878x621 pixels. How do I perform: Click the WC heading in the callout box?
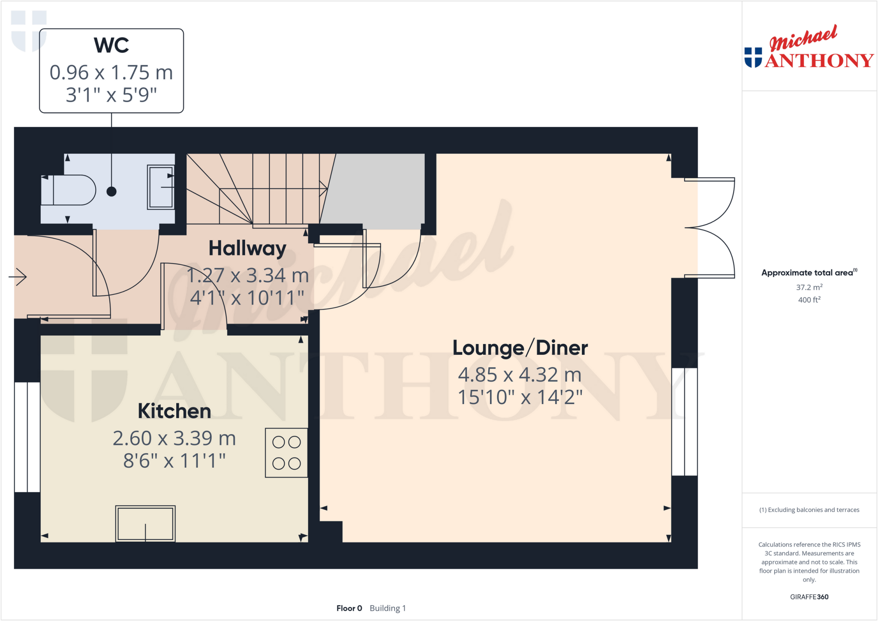click(x=111, y=45)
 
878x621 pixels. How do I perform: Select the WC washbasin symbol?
click(x=161, y=187)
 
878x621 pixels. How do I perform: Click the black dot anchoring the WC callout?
click(x=111, y=192)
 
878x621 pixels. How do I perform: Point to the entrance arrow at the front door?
click(x=18, y=277)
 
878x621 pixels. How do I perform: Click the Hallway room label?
click(x=247, y=249)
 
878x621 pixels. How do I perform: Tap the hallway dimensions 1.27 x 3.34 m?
click(x=247, y=276)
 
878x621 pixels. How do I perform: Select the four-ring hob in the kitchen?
click(x=286, y=453)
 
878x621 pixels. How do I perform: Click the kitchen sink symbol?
click(x=145, y=523)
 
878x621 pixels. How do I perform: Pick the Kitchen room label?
click(x=174, y=411)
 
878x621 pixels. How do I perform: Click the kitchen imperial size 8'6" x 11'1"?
click(x=174, y=461)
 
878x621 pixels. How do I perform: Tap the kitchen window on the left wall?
click(x=27, y=437)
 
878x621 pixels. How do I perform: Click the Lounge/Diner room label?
click(x=520, y=348)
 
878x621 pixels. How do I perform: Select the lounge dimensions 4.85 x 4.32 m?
click(x=520, y=375)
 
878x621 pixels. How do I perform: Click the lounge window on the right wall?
click(x=684, y=422)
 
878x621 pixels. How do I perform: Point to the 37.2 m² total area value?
click(x=809, y=287)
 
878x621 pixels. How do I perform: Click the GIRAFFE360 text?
click(x=809, y=597)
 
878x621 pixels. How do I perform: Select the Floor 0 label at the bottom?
click(x=349, y=608)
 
